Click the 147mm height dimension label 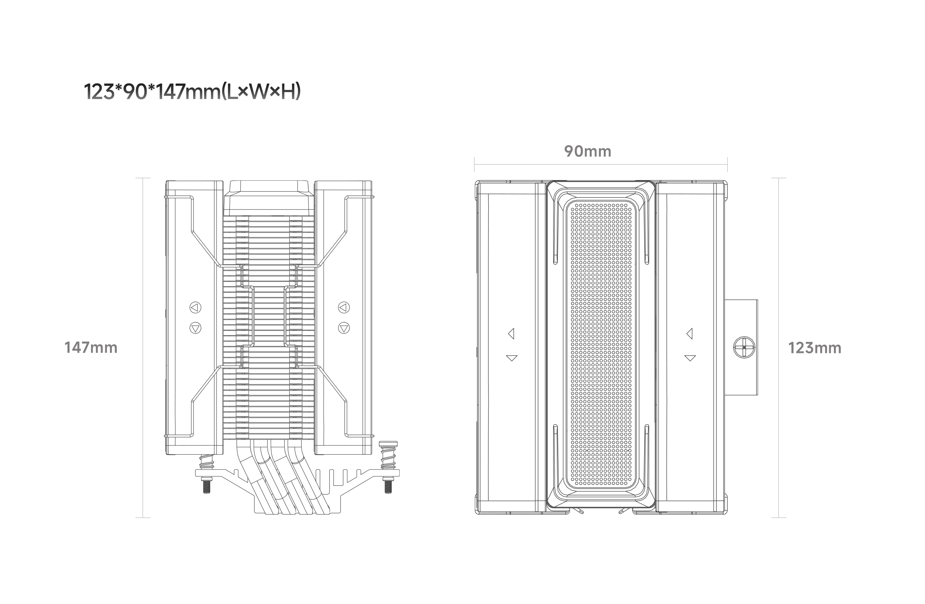pyautogui.click(x=91, y=348)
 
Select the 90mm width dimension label pyautogui.click(x=588, y=152)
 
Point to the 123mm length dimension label pyautogui.click(x=815, y=348)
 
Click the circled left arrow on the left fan pyautogui.click(x=195, y=307)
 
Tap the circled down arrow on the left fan pyautogui.click(x=195, y=328)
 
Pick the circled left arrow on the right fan pyautogui.click(x=343, y=307)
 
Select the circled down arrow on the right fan pyautogui.click(x=343, y=328)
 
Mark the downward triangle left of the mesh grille pyautogui.click(x=511, y=358)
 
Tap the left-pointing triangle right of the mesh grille pyautogui.click(x=690, y=334)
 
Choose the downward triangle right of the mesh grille pyautogui.click(x=690, y=358)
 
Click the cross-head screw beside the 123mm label pyautogui.click(x=744, y=347)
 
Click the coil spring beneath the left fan pyautogui.click(x=207, y=462)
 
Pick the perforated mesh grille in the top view pyautogui.click(x=601, y=344)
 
